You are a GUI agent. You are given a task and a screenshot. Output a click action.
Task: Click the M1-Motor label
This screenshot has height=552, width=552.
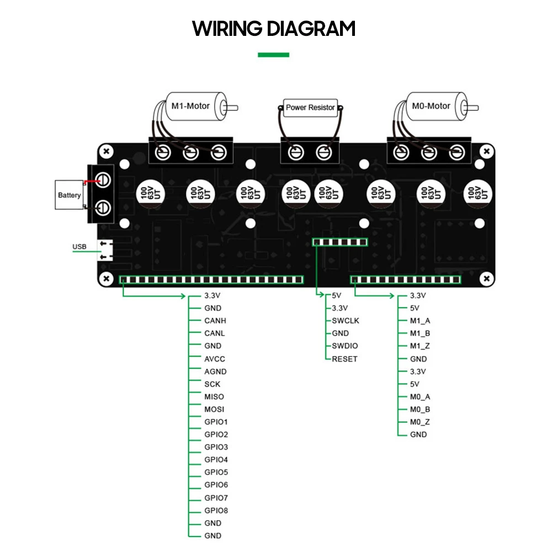(190, 105)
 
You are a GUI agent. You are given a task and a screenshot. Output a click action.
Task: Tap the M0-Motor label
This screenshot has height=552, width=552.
(431, 106)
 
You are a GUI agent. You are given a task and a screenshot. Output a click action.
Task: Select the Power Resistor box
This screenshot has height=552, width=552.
(310, 107)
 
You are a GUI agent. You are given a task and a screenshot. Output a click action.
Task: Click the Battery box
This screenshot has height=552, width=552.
(69, 195)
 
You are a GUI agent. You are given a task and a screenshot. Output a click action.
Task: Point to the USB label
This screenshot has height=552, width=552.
(79, 247)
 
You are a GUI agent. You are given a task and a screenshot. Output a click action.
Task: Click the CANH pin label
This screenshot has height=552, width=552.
(215, 321)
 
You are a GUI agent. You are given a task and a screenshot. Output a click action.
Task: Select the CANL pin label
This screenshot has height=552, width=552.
(215, 333)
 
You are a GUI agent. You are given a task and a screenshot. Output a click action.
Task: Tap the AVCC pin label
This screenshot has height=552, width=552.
(215, 359)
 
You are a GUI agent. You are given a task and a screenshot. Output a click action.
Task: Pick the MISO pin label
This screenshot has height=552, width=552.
(214, 397)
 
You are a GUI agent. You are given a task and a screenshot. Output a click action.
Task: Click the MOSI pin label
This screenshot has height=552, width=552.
(214, 410)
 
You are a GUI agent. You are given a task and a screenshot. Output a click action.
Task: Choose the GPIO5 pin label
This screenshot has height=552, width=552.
(216, 473)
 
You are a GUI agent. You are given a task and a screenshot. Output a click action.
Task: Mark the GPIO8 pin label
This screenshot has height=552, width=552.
(216, 511)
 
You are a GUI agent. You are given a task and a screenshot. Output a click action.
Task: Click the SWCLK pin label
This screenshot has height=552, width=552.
(346, 321)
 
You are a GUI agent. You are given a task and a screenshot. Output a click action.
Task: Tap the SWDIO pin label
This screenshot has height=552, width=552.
(345, 346)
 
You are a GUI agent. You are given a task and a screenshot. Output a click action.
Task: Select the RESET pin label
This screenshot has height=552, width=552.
(344, 359)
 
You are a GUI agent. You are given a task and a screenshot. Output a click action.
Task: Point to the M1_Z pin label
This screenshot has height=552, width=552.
(420, 346)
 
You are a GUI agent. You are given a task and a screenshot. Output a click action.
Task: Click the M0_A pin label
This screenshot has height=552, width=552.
(420, 397)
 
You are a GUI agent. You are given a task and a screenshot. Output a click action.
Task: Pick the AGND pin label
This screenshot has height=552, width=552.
(215, 371)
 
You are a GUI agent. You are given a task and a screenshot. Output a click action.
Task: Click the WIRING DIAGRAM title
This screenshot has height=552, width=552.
(274, 29)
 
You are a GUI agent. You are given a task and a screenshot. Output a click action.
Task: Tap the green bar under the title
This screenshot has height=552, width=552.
(274, 55)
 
